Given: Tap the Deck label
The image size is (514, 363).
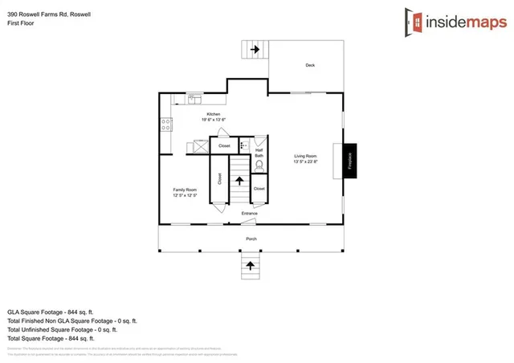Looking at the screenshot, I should coord(310,65).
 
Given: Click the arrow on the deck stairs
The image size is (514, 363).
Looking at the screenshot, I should coord(255,50).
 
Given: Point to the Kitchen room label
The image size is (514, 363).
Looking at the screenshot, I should coord(213,114).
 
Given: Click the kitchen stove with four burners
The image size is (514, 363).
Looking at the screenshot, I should coord(166,124).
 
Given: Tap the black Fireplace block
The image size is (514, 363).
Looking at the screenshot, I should coord(350,161).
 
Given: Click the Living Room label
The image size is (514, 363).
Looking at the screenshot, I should coord(305,156).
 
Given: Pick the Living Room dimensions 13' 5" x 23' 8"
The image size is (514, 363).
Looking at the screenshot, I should coord(305,161).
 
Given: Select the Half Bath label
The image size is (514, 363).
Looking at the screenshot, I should coord(259,153).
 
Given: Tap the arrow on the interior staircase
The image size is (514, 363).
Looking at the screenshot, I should coord(239,183).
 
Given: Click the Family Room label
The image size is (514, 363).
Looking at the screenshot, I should coord(185,190).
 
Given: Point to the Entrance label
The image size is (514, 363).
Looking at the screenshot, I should coord(250,213).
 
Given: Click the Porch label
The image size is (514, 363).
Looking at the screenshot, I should coord(251,239).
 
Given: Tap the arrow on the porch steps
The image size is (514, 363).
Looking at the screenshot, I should coord(249,265).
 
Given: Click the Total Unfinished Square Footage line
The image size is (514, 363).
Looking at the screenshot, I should coord(63,328).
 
